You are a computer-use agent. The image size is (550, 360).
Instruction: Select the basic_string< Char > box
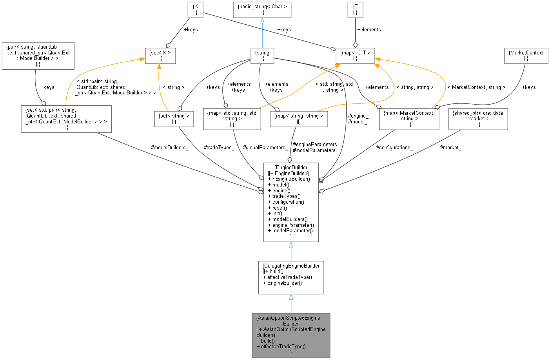(x=262, y=9)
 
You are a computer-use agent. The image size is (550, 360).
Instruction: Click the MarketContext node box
(x=526, y=56)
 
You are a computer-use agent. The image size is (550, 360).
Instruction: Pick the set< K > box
(x=160, y=56)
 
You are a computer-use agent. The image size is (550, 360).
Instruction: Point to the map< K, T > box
(x=355, y=56)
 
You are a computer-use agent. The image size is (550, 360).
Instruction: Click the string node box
(x=262, y=56)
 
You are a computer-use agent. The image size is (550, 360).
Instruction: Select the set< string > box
(x=174, y=119)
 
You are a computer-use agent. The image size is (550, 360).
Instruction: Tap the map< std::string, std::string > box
(x=232, y=119)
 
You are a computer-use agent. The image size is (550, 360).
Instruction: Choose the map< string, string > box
(x=299, y=119)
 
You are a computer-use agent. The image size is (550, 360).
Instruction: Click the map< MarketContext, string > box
(x=409, y=119)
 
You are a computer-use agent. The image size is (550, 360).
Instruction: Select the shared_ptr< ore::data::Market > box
(x=478, y=119)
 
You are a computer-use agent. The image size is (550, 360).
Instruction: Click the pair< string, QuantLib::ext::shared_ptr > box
(x=38, y=56)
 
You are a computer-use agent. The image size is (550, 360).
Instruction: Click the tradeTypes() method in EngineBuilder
(x=286, y=196)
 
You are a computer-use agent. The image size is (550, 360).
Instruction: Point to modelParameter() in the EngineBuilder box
(x=290, y=231)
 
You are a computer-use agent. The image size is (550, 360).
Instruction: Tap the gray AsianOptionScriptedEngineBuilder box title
(x=290, y=321)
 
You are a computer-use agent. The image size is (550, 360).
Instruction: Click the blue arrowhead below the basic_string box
(x=262, y=21)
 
